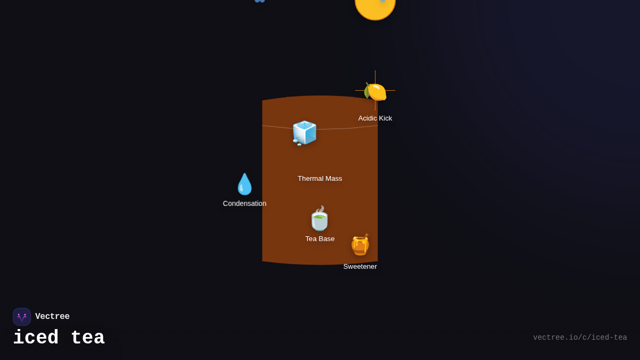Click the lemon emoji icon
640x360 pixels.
coord(375,91)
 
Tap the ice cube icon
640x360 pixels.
coord(305,132)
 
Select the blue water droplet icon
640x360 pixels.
coord(245,184)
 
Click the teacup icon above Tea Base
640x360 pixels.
coord(319,219)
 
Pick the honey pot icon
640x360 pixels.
coord(360,245)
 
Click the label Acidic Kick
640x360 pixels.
coord(375,118)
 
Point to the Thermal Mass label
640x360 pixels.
coord(320,179)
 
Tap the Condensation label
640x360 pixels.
coord(245,204)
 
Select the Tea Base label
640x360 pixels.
coord(320,239)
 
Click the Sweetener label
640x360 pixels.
coord(360,267)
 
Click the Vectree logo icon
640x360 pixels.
coord(22,317)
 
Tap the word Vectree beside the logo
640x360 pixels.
coord(52,317)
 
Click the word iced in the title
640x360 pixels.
coord(36,338)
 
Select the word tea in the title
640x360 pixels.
coord(87,338)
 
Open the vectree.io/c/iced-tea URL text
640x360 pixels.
coord(580,338)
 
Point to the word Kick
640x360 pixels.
coord(384,118)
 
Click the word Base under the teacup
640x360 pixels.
coord(326,239)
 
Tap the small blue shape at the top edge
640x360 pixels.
coord(259,1)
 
